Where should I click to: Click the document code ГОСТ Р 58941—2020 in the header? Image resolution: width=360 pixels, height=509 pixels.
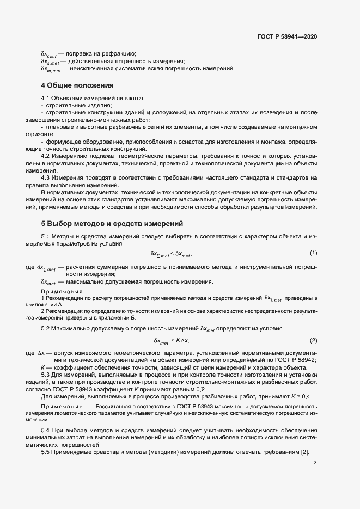point(287,36)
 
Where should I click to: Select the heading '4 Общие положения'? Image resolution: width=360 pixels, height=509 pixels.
point(77,85)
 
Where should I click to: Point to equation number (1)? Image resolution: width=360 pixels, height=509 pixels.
point(313,253)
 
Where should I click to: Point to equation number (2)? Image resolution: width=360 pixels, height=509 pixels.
point(313,340)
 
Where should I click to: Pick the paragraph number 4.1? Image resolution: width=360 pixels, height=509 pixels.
point(46,97)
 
